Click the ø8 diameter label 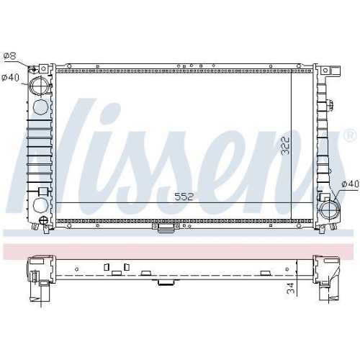(x=10, y=56)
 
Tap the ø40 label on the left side (x=11, y=78)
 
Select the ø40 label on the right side (x=351, y=184)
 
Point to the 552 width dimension (x=184, y=197)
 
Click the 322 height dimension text (x=286, y=145)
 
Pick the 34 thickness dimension (x=290, y=288)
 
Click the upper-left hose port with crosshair (x=40, y=85)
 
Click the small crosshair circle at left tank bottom (x=43, y=220)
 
